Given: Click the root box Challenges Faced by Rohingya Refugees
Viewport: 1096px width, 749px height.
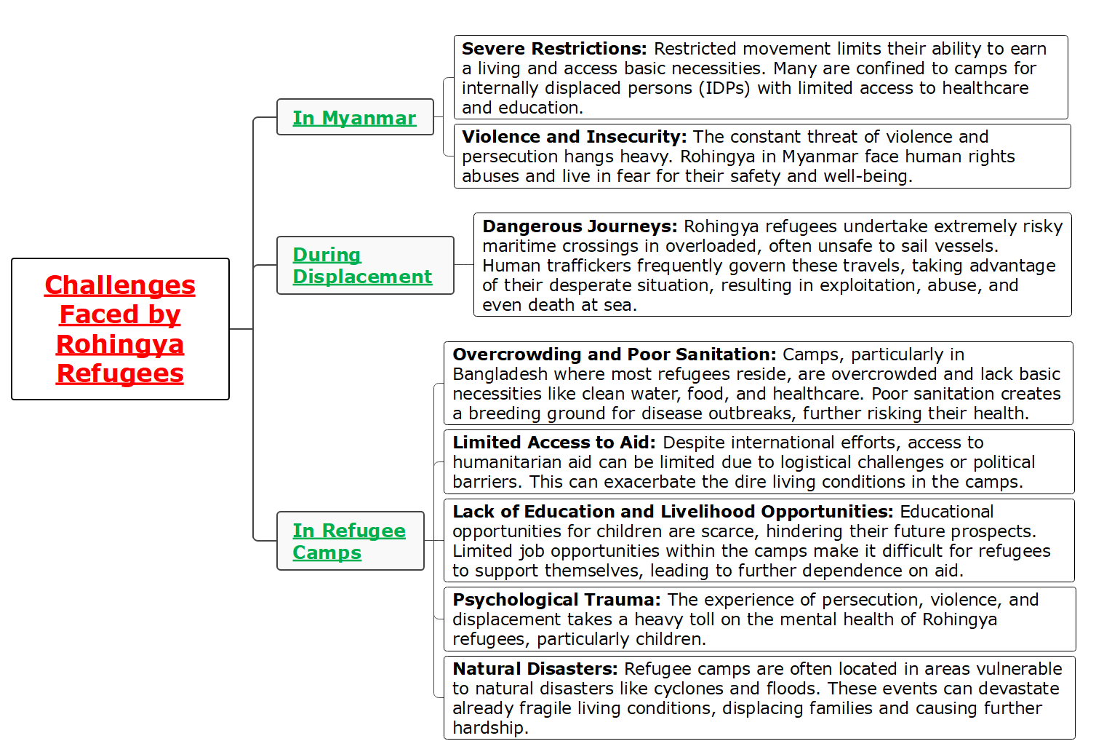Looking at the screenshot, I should (x=120, y=329).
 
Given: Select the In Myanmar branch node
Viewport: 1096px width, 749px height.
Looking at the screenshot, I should (x=355, y=117).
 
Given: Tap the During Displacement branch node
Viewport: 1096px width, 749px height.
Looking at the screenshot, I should (x=362, y=266).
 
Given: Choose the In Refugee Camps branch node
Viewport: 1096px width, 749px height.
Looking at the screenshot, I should (x=349, y=541).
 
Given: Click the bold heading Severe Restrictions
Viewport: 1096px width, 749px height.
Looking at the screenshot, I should (x=553, y=49).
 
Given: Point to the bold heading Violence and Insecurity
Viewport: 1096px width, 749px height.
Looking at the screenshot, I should (x=574, y=137).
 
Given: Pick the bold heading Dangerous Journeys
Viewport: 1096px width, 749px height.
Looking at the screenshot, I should (x=580, y=226).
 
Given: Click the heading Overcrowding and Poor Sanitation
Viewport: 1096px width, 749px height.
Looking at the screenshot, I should (x=615, y=354).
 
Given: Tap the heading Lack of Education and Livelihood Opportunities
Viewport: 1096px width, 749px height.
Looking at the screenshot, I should (x=673, y=512).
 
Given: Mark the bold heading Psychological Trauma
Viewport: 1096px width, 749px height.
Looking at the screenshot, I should (x=556, y=600).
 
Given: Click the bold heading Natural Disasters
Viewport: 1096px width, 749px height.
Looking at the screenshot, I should (x=535, y=669).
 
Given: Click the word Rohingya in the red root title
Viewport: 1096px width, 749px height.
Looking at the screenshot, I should (x=120, y=344).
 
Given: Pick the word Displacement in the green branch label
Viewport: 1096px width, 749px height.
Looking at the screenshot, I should (x=362, y=277).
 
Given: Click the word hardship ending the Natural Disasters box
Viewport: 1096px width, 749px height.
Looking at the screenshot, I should (x=488, y=728).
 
